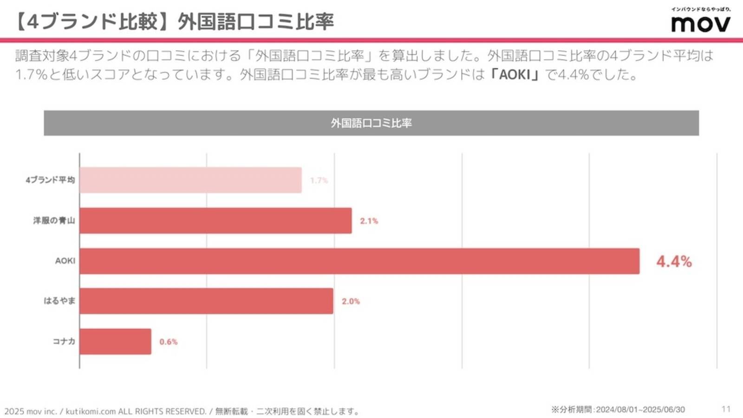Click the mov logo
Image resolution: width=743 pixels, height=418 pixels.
[700, 22]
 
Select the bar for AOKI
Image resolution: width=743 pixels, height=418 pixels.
[359, 261]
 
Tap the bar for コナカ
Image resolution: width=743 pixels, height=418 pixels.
[115, 341]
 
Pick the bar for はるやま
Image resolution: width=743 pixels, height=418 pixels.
[206, 301]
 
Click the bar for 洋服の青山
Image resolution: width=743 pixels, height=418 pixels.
[215, 221]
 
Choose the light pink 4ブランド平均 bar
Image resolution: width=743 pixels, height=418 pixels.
[190, 180]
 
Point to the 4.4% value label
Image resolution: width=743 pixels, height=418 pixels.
[674, 262]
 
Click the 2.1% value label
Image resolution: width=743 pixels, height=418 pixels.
[369, 221]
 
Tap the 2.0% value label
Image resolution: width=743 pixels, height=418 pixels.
[351, 302]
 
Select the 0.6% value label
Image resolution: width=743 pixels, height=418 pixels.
[168, 342]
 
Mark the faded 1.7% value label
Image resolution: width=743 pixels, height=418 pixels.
[319, 180]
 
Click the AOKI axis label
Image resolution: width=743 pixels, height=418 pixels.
[65, 261]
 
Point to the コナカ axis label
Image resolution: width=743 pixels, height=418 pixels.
[64, 341]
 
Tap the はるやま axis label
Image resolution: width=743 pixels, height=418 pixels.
[59, 301]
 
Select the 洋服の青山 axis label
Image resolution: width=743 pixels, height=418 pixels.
[54, 220]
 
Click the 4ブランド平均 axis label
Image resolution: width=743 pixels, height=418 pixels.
[50, 180]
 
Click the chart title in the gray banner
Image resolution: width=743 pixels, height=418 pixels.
[371, 123]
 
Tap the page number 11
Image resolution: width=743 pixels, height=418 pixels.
[726, 409]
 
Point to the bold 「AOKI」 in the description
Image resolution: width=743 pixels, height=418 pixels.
[515, 75]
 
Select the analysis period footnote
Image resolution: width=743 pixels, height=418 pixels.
[618, 410]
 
